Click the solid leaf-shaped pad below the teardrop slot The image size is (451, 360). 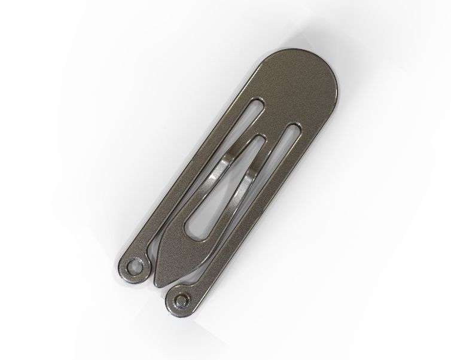pos(170,254)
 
